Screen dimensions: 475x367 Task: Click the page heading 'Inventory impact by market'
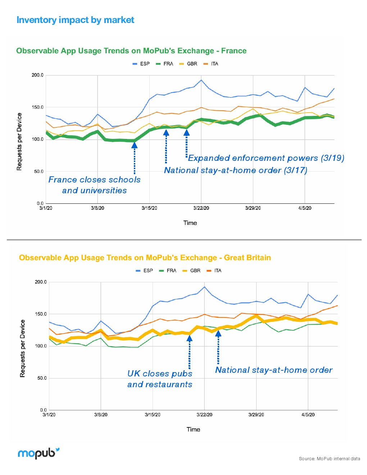click(75, 20)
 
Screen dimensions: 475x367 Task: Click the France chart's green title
click(131, 51)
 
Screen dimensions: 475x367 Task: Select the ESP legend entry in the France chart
click(141, 64)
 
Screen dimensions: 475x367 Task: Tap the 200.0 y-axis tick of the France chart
click(37, 75)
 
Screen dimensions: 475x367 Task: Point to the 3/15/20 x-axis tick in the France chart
click(149, 208)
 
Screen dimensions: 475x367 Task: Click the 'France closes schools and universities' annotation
click(94, 185)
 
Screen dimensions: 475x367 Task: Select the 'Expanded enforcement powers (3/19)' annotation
click(266, 158)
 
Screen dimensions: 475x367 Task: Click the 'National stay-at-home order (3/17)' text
click(236, 170)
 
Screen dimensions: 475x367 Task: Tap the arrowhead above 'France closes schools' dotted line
click(135, 145)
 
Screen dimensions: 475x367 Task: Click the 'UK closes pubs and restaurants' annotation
click(160, 379)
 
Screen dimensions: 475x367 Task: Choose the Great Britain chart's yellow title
click(145, 258)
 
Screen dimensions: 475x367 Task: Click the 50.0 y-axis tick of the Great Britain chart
click(42, 378)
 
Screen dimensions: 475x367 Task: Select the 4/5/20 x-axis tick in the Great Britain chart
click(308, 415)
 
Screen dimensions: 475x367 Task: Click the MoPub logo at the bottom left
click(38, 453)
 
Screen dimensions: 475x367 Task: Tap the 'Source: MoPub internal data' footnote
click(329, 459)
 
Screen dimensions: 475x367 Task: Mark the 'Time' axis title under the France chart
click(190, 223)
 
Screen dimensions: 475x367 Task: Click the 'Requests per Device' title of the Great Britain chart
click(23, 348)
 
